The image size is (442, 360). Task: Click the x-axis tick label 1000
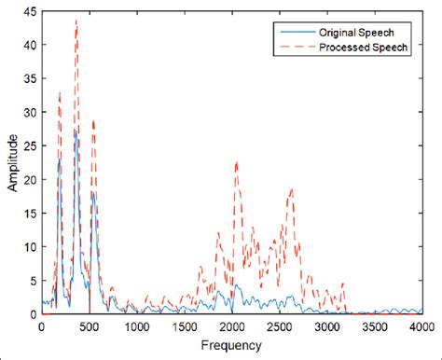click(x=137, y=327)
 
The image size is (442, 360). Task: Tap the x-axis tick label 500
click(x=90, y=327)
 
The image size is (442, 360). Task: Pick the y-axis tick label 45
click(x=30, y=11)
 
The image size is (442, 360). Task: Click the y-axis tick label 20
click(x=30, y=180)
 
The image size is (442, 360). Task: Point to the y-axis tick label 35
click(x=30, y=78)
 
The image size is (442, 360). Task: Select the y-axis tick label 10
click(x=30, y=247)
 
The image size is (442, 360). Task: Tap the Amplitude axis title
click(x=12, y=163)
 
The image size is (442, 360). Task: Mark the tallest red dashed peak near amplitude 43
click(x=76, y=21)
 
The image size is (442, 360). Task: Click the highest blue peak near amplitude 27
click(x=76, y=131)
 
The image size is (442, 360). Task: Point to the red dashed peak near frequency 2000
click(x=236, y=161)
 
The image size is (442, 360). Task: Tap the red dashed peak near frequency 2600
click(x=291, y=189)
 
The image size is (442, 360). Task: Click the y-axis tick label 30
click(x=30, y=113)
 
